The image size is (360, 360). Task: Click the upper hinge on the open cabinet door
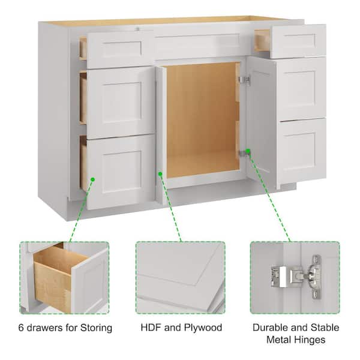pyautogui.click(x=245, y=80)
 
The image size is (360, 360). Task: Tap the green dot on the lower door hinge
pyautogui.click(x=248, y=151)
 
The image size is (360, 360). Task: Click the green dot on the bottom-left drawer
pyautogui.click(x=93, y=179)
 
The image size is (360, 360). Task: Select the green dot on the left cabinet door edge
pyautogui.click(x=160, y=174)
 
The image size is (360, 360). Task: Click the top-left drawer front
pyautogui.click(x=121, y=50)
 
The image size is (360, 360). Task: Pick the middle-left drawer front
pyautogui.click(x=121, y=103)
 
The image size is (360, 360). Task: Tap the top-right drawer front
pyautogui.click(x=298, y=41)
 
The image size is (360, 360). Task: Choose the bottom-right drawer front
pyautogui.click(x=302, y=150)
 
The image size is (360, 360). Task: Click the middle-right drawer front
pyautogui.click(x=302, y=89)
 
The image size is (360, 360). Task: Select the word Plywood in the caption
pyautogui.click(x=203, y=328)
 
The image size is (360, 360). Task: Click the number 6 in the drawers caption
pyautogui.click(x=21, y=328)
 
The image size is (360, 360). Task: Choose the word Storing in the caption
pyautogui.click(x=96, y=328)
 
